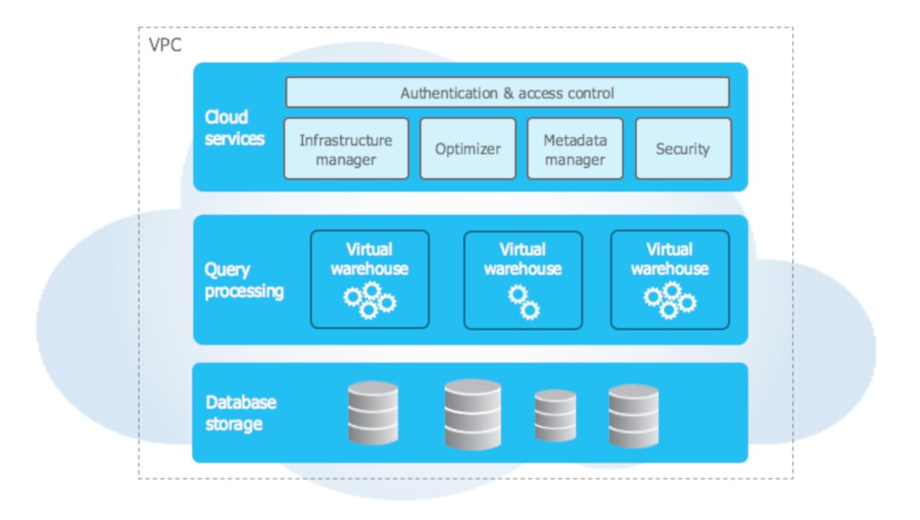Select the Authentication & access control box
point(507,93)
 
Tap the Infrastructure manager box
point(346,149)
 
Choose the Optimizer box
point(468,149)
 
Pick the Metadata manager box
point(575,149)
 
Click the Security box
point(682,149)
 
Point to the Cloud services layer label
point(234,127)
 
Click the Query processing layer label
point(244,281)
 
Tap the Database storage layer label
point(241,413)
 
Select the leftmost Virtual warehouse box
point(370,279)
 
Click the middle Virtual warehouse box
point(523,279)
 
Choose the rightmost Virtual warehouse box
point(669,279)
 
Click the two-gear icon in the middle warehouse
point(524,301)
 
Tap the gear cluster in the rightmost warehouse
point(669,300)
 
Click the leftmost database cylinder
point(373,413)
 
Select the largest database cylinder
point(472,414)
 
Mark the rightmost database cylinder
point(633,416)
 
